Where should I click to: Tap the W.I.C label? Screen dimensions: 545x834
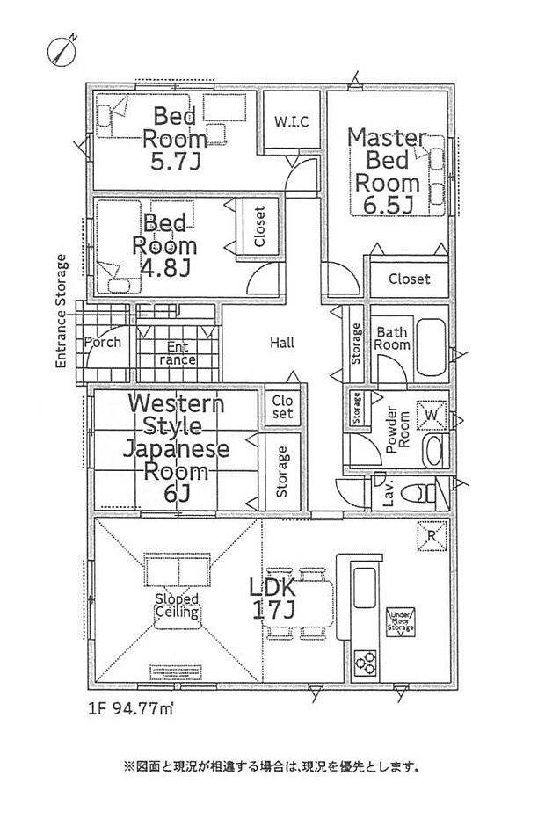click(291, 122)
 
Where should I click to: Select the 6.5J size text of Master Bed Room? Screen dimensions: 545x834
click(388, 205)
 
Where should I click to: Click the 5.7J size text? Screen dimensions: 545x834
click(176, 162)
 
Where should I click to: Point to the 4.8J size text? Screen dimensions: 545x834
click(164, 268)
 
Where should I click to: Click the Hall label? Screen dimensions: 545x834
click(282, 343)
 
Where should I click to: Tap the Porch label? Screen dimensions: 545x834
click(103, 343)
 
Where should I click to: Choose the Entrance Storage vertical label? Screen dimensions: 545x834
click(62, 311)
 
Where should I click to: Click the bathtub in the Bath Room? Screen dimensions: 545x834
click(431, 347)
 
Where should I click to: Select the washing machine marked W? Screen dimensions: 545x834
click(432, 414)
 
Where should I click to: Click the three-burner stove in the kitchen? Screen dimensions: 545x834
click(366, 663)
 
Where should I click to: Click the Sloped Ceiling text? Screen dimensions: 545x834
click(178, 606)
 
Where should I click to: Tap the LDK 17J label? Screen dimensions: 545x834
click(272, 598)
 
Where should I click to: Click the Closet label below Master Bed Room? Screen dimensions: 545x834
click(410, 279)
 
